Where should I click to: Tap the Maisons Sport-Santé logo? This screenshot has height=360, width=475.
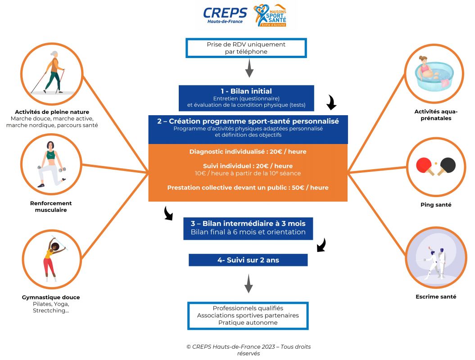[270, 16]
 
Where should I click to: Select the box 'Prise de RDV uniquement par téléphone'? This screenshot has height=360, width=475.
[246, 48]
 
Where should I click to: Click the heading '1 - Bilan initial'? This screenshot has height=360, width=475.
[246, 91]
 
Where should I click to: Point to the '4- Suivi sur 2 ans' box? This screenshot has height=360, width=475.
[248, 260]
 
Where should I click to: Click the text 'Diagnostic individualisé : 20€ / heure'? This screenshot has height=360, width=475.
[248, 152]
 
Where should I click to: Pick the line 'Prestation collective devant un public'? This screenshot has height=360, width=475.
[248, 188]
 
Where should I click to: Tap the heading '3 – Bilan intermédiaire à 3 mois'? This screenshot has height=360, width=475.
[248, 224]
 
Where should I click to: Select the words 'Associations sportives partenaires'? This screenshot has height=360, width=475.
[248, 315]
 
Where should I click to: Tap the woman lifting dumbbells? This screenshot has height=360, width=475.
[50, 163]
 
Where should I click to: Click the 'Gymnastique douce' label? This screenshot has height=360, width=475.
[50, 297]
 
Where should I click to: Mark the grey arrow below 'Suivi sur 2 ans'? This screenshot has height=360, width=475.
[248, 285]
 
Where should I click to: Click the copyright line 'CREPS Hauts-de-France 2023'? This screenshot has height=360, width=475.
[248, 346]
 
